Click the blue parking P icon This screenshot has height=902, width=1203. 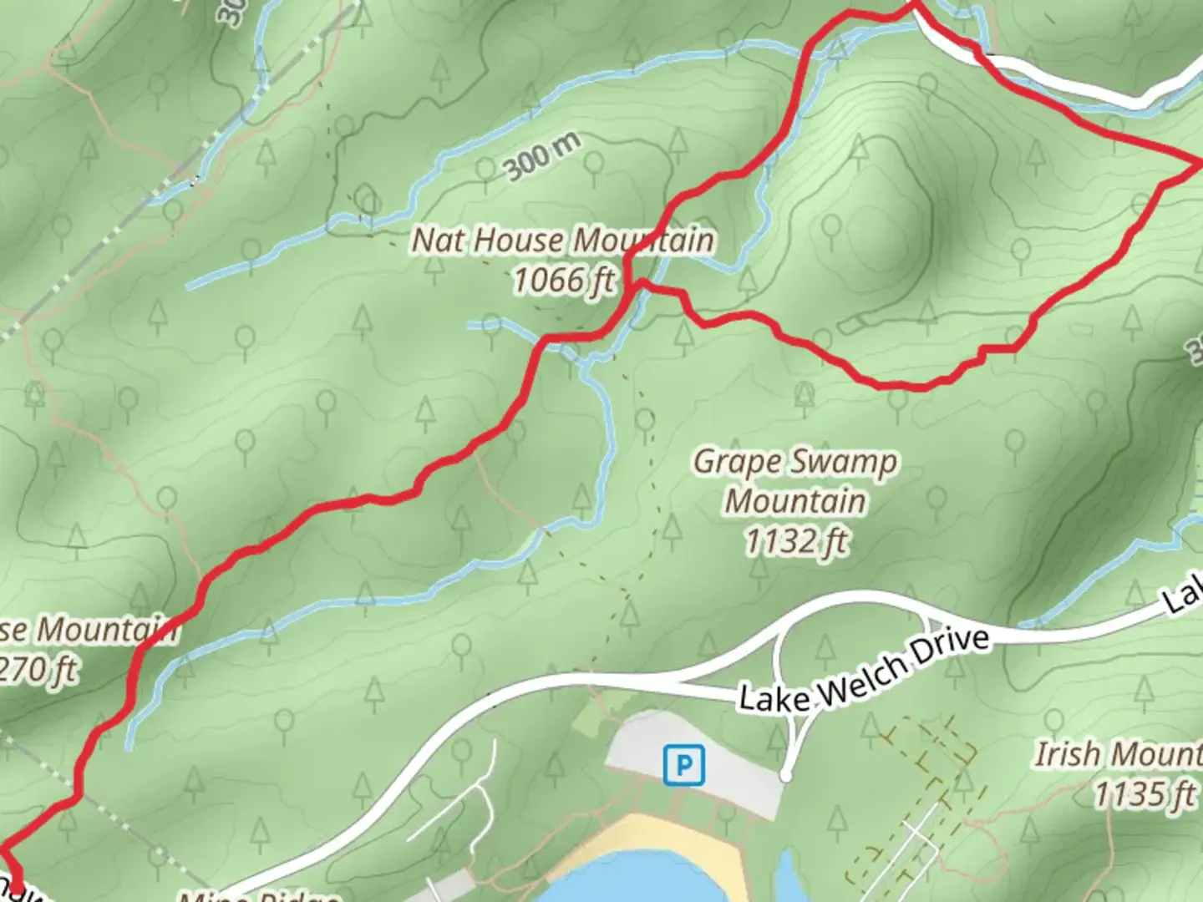pos(683,765)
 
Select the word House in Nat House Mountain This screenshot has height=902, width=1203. pos(519,241)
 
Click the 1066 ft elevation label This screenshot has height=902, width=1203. pos(563,280)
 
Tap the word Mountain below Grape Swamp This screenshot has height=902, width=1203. pos(794,501)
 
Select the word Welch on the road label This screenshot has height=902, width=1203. pos(864,675)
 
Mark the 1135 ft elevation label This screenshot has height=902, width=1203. pos(1144,793)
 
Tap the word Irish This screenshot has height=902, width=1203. pos(1068,754)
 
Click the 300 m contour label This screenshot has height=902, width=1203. pos(541,156)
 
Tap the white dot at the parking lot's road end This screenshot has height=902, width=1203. pos(785,777)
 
